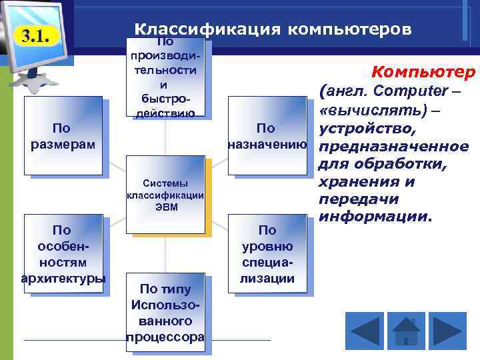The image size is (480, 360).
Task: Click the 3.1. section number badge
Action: (x=37, y=36)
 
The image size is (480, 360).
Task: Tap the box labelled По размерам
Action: (x=63, y=136)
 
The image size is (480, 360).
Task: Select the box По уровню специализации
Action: (x=267, y=254)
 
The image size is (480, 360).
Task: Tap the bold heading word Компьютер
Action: (x=423, y=71)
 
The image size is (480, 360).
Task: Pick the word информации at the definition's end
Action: (x=375, y=217)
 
